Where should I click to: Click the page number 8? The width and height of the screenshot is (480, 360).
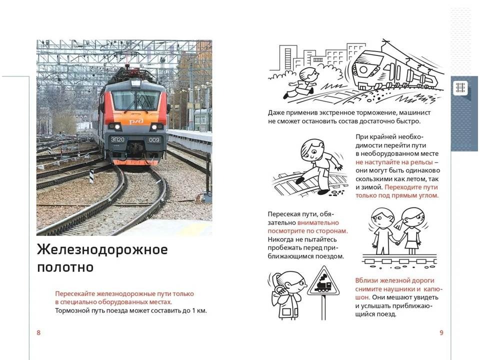tap(38, 333)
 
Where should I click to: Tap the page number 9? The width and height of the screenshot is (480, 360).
tap(441, 333)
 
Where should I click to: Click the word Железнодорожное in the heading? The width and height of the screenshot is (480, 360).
tap(102, 250)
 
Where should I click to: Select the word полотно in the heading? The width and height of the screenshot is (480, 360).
tap(65, 267)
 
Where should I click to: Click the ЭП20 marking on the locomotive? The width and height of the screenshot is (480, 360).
tap(117, 139)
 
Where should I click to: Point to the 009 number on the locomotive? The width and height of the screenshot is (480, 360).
tap(154, 140)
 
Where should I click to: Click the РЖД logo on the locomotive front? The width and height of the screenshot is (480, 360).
tap(136, 121)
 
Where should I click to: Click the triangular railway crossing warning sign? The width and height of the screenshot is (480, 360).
tap(324, 281)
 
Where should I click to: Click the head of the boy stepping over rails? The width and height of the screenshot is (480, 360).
tap(311, 150)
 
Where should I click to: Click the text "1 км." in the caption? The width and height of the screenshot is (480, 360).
tap(199, 310)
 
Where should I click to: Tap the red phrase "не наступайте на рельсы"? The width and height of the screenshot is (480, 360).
tap(394, 162)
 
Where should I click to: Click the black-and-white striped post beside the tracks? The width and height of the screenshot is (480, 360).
tap(91, 176)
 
